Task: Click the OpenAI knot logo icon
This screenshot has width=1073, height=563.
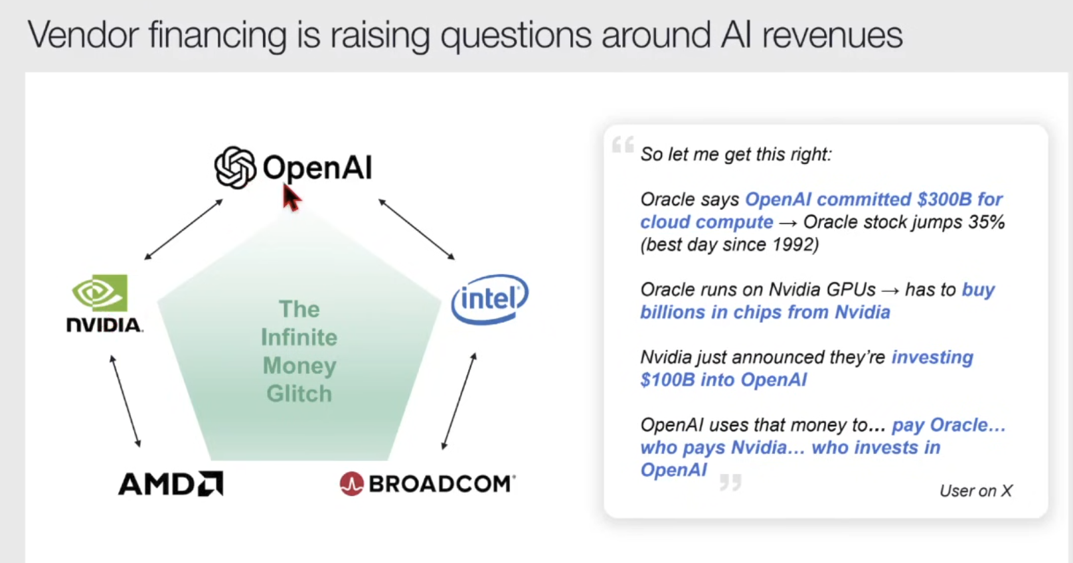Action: click(x=235, y=167)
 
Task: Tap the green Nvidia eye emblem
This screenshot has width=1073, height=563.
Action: click(x=100, y=292)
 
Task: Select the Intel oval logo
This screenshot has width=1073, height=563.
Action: click(x=489, y=299)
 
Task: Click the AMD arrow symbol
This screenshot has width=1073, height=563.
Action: click(x=210, y=483)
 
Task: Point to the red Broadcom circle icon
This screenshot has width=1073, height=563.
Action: click(x=352, y=483)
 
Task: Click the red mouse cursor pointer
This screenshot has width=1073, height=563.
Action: click(x=291, y=197)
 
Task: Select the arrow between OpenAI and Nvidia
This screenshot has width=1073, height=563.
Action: click(x=183, y=230)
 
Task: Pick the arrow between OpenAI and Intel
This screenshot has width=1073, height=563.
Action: click(x=416, y=230)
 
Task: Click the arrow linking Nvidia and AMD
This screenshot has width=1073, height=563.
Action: click(x=125, y=401)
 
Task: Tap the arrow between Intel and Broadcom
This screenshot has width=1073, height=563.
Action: click(x=459, y=401)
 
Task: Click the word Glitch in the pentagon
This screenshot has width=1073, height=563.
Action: click(x=299, y=394)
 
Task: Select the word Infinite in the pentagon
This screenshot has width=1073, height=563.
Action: click(x=299, y=337)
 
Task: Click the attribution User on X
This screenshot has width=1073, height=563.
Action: click(x=976, y=491)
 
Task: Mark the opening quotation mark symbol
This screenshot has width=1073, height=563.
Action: click(x=623, y=144)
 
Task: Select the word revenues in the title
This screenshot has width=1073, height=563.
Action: click(x=832, y=35)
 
